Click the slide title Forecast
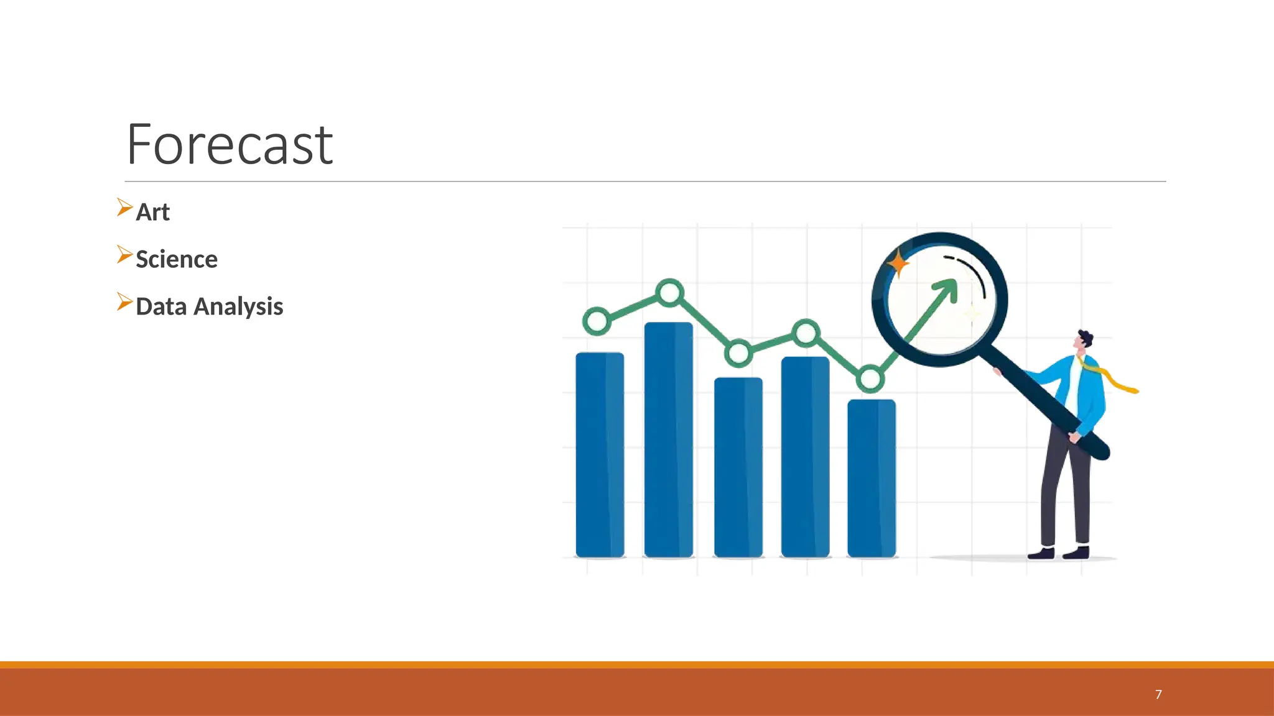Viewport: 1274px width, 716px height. (230, 145)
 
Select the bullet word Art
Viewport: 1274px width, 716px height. (152, 213)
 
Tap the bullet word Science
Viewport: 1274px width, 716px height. (177, 260)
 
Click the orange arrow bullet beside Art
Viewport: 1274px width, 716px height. (124, 208)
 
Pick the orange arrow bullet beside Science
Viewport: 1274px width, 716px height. (124, 255)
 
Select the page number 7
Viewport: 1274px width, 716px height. (1158, 695)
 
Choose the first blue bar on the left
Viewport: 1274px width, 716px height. (600, 454)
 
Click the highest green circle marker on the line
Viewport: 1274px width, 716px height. (670, 292)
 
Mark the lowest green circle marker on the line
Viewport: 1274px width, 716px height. (870, 379)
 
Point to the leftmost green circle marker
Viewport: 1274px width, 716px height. (597, 321)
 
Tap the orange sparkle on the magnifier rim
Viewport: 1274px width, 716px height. (898, 264)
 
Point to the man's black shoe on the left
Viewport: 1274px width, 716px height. (1041, 553)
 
